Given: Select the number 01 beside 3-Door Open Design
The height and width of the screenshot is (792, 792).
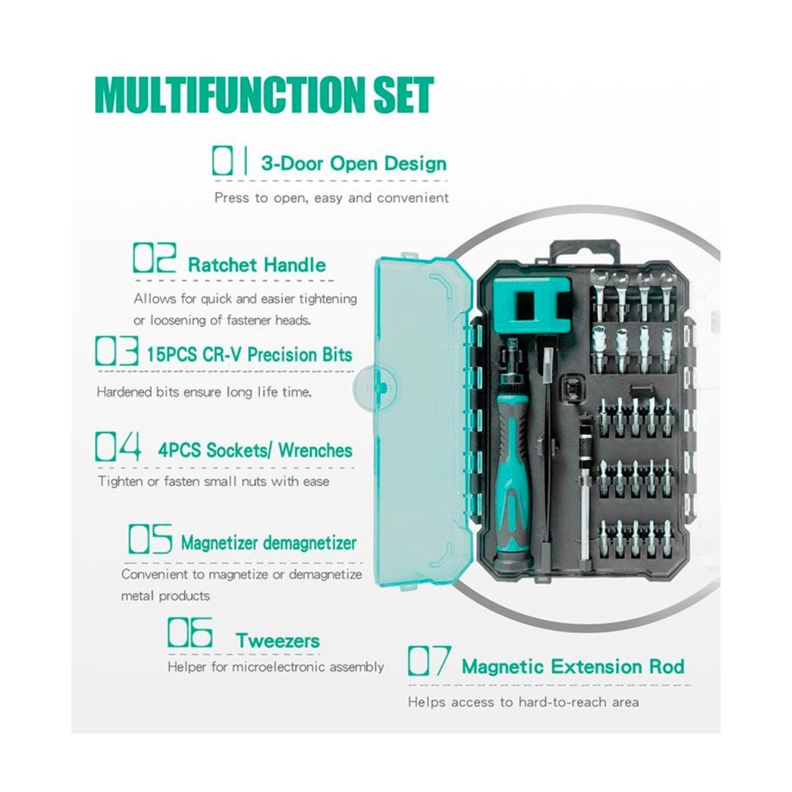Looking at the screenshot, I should click(x=223, y=160).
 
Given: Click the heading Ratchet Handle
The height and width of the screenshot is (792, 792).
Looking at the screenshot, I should click(x=257, y=265).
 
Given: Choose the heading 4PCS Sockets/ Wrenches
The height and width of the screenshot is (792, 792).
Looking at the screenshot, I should click(x=255, y=450).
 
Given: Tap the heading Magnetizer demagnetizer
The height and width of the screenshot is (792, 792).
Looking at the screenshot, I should click(x=268, y=543).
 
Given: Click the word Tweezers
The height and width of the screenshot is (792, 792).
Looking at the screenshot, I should click(x=278, y=641).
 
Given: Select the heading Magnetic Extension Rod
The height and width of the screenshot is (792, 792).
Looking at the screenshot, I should click(x=573, y=667).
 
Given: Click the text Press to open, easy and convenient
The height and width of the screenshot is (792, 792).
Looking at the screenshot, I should click(x=332, y=197).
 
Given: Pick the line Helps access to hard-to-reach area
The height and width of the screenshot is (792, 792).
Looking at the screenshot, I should click(x=523, y=702).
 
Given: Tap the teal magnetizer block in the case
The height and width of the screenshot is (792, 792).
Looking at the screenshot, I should click(x=532, y=305).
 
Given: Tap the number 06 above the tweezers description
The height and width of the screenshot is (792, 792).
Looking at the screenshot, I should click(x=190, y=632).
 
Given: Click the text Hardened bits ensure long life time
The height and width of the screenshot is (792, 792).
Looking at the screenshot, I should click(x=204, y=392).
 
